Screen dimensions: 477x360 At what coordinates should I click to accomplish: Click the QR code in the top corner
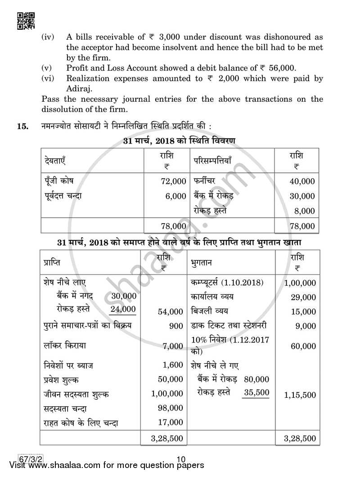(25, 20)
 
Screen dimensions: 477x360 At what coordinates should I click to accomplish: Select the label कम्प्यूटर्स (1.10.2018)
(227, 283)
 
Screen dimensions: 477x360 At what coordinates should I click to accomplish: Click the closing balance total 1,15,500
(300, 395)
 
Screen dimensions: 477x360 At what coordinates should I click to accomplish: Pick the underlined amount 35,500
(256, 392)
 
